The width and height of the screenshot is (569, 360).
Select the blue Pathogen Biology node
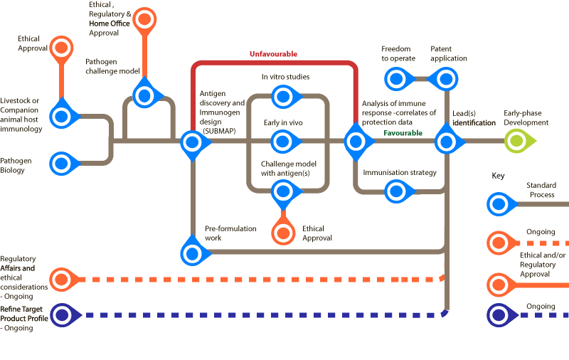tap(63, 164)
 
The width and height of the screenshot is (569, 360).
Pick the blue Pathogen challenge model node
tap(145, 95)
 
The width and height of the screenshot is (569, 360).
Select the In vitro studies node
tap(283, 95)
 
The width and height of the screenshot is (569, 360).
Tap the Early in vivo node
tap(283, 142)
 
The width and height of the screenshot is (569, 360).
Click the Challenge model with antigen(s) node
tap(283, 190)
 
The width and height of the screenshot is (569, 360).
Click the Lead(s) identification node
tap(446, 142)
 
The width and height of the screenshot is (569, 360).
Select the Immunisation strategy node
tap(395, 190)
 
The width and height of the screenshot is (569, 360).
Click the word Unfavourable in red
tap(273, 54)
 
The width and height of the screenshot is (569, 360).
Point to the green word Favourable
tap(403, 133)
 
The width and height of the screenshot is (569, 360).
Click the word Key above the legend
tap(499, 175)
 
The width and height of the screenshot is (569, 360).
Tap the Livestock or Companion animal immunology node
tap(63, 116)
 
